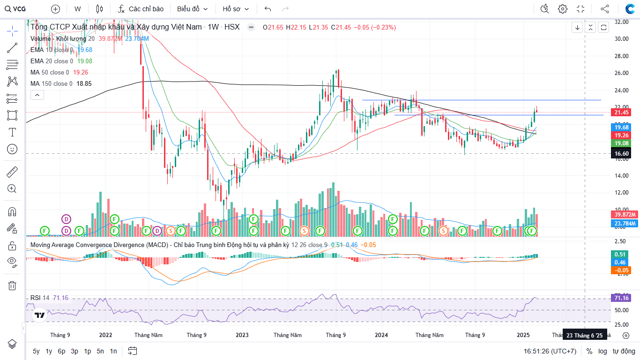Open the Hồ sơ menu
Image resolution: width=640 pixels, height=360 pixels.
point(236,9)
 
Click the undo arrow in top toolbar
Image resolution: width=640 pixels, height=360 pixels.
point(268,9)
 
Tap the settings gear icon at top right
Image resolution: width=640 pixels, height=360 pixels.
point(563,9)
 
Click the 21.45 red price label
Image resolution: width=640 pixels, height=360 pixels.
point(621,112)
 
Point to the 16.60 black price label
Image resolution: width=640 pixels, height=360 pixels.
point(621,154)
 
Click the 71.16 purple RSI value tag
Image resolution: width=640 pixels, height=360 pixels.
point(621,298)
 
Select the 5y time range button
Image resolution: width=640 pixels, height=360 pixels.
point(36,351)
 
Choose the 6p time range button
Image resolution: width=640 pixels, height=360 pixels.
point(61,351)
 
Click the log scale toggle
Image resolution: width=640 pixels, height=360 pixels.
point(603,351)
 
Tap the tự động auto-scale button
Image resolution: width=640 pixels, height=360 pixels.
point(624,351)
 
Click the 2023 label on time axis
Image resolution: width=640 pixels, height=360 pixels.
point(242,335)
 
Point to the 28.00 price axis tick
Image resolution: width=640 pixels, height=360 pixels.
point(621,56)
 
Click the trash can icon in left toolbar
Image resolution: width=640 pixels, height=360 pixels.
point(12,285)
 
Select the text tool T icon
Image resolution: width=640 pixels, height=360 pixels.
point(12,132)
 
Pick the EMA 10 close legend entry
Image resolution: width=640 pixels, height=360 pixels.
point(52,50)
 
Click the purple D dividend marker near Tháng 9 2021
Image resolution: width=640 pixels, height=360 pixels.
point(67,219)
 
